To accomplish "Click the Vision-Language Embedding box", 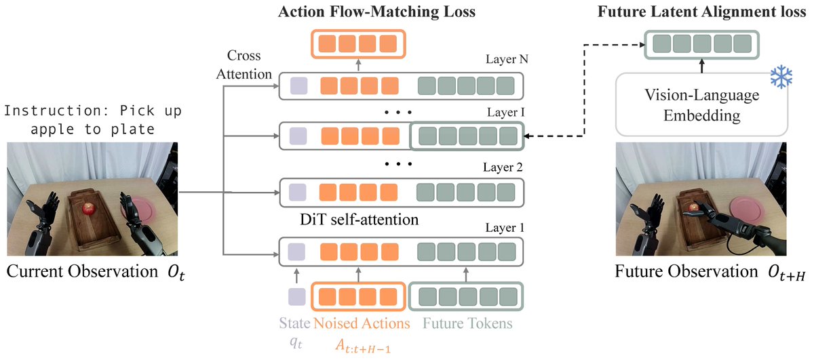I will tap(702, 105).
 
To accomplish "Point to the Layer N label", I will tap(504, 59).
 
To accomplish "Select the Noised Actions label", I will tap(361, 323).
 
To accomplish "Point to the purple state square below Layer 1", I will tap(296, 298).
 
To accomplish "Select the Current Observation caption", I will tap(77, 273).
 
